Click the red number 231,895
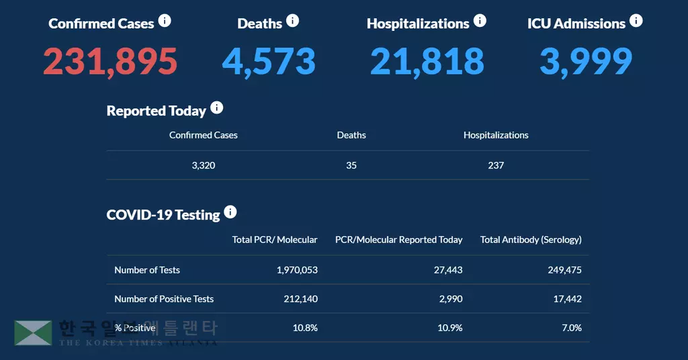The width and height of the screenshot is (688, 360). click(x=110, y=62)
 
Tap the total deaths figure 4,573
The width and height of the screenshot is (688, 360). click(x=269, y=62)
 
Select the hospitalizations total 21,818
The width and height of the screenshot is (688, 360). click(x=427, y=62)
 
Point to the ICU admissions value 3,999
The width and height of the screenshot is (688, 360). click(x=586, y=62)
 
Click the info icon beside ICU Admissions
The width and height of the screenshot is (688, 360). click(x=636, y=21)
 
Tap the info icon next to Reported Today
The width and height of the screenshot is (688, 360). click(x=216, y=107)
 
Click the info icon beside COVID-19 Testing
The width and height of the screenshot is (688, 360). click(x=230, y=212)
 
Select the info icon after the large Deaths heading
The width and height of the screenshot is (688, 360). click(x=292, y=21)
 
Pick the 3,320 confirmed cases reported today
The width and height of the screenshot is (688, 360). click(x=204, y=165)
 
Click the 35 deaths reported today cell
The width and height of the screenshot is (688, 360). click(x=351, y=165)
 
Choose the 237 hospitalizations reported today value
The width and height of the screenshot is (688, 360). click(x=496, y=165)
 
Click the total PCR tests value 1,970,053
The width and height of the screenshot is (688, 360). click(x=297, y=270)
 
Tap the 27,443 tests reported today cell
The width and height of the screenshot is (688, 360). click(x=445, y=270)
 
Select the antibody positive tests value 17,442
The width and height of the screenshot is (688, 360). click(x=567, y=299)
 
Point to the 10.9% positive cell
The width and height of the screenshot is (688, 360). click(x=450, y=328)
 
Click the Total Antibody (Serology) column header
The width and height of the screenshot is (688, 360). click(x=531, y=239)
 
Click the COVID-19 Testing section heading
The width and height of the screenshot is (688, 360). click(x=163, y=215)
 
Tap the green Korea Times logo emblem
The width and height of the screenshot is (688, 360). click(x=33, y=332)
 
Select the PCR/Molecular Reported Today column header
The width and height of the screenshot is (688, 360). click(x=398, y=239)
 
